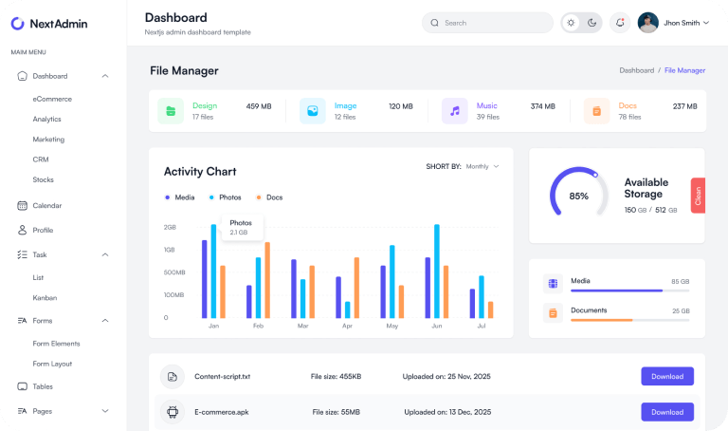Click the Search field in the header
[x=487, y=23]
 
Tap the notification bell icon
[x=620, y=23]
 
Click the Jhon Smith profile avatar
[x=648, y=23]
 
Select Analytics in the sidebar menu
[x=46, y=119]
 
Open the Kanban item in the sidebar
[x=45, y=297]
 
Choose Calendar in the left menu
[x=46, y=205]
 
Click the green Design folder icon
[x=171, y=111]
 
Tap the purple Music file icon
[x=455, y=111]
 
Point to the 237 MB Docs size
[x=684, y=106]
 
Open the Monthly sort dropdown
[x=482, y=166]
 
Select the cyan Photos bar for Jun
[x=436, y=271]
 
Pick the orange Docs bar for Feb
[x=267, y=280]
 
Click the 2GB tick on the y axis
[x=170, y=228]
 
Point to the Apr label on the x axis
[x=347, y=326]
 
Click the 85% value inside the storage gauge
[x=578, y=197]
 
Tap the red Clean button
[x=698, y=196]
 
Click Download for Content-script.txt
[x=666, y=377]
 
